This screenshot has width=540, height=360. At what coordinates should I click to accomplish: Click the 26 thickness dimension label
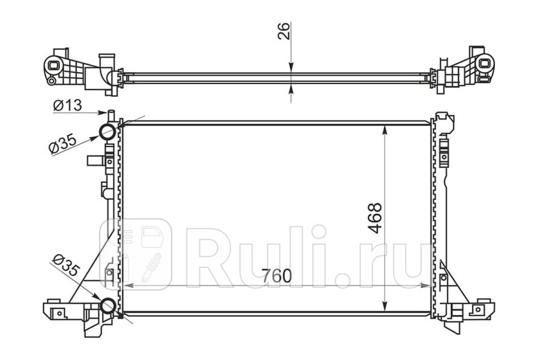283,31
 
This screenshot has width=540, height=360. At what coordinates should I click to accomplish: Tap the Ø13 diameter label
67,105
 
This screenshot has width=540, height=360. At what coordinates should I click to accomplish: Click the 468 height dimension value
375,218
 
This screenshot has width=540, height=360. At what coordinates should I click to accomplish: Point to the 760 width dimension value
276,276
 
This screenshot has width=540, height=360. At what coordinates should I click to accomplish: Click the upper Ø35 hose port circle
108,132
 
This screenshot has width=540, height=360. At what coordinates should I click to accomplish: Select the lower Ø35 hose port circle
108,306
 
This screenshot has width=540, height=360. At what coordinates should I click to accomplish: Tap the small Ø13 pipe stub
111,116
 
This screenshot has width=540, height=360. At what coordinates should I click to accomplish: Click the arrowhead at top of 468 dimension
385,130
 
